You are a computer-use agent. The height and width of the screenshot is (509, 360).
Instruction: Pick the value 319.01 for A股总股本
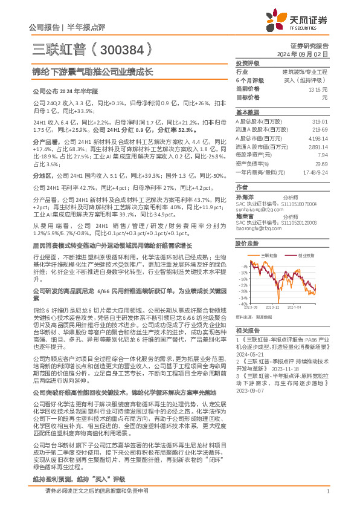pos(319,121)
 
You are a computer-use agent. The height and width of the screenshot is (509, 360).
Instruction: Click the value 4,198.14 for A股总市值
pos(317,138)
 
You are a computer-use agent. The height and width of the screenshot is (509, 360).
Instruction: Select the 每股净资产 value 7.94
pos(322,155)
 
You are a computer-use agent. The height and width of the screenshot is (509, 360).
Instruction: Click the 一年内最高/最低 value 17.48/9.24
pos(315,172)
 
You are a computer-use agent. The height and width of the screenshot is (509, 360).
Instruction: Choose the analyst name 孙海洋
pos(245,197)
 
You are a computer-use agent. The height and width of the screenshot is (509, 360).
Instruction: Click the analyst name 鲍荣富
pos(245,215)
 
